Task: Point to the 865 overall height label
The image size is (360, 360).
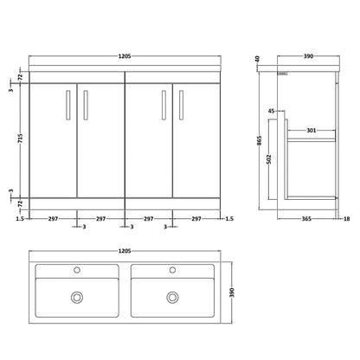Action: coord(260,140)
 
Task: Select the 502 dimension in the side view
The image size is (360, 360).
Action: coord(269,159)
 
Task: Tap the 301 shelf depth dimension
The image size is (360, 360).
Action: coord(312,131)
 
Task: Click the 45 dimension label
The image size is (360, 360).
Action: coord(272,111)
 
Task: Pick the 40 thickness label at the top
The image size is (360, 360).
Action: coord(258,59)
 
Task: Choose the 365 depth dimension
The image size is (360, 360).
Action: coord(306,219)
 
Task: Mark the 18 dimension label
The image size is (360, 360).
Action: coord(347,219)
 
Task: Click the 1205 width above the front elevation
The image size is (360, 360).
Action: coord(125,56)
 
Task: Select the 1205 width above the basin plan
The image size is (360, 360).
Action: coord(125,251)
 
